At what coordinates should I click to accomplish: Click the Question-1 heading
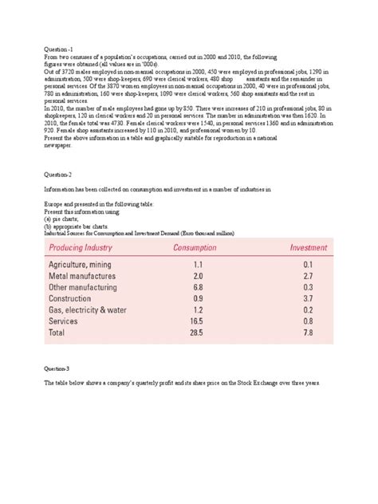pyautogui.click(x=58, y=49)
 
